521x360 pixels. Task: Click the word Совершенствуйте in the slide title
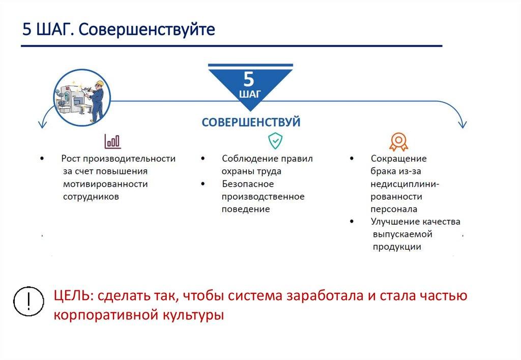pyautogui.click(x=147, y=29)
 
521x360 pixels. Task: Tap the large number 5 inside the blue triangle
pyautogui.click(x=249, y=79)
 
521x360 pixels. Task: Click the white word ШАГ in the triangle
pyautogui.click(x=250, y=94)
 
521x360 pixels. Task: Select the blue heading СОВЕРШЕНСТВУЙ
pyautogui.click(x=251, y=122)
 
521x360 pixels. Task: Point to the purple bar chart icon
pyautogui.click(x=112, y=141)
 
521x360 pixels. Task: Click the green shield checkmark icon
pyautogui.click(x=275, y=141)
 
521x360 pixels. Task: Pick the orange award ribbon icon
pyautogui.click(x=398, y=142)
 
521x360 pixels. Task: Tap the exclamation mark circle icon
pyautogui.click(x=28, y=301)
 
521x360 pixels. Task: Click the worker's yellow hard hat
pyautogui.click(x=100, y=83)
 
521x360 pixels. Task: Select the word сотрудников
pyautogui.click(x=91, y=197)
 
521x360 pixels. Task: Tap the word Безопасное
pyautogui.click(x=248, y=184)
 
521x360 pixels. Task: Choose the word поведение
pyautogui.click(x=246, y=209)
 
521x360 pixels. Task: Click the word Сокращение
pyautogui.click(x=398, y=159)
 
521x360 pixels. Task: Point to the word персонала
pyautogui.click(x=394, y=209)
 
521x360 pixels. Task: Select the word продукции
pyautogui.click(x=397, y=247)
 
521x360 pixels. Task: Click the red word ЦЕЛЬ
pyautogui.click(x=71, y=295)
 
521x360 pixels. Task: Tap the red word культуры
pyautogui.click(x=193, y=315)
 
